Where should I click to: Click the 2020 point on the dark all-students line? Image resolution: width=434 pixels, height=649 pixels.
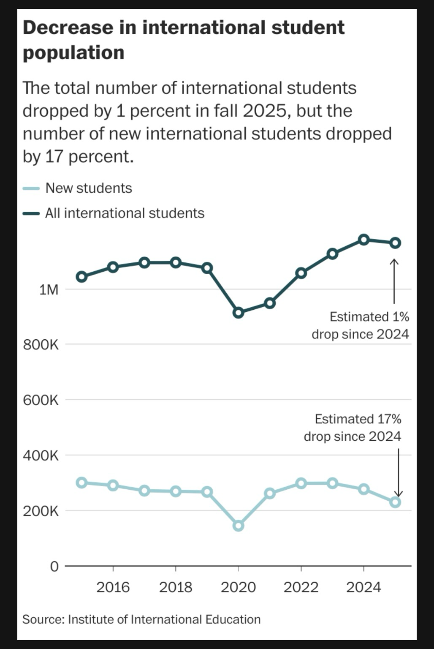(238, 313)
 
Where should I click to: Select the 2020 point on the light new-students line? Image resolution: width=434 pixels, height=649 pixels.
(238, 526)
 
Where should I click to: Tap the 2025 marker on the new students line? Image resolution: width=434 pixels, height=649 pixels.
(395, 502)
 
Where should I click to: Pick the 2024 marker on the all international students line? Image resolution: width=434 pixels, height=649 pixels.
(363, 240)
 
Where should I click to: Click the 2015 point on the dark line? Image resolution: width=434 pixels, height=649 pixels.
(81, 277)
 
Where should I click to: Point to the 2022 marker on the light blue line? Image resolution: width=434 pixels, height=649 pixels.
(301, 483)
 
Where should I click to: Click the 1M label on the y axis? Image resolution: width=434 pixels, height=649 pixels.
(49, 290)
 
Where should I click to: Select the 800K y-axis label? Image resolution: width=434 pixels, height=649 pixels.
(41, 345)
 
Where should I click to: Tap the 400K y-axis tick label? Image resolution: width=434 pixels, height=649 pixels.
(41, 455)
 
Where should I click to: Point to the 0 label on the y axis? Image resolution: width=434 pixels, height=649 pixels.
(54, 566)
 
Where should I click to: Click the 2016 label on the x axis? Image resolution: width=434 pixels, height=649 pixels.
(113, 587)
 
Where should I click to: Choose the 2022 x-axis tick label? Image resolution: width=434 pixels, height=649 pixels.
(301, 587)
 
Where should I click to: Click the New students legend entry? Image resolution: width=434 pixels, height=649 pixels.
(89, 188)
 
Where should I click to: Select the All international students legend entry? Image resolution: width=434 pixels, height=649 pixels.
(125, 213)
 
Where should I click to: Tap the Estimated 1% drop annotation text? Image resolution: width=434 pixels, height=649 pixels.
(361, 325)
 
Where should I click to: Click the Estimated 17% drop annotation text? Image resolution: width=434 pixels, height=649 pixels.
(353, 428)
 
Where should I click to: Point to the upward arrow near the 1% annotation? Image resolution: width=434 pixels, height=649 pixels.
(394, 281)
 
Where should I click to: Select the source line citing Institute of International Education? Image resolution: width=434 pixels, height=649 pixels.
(141, 619)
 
